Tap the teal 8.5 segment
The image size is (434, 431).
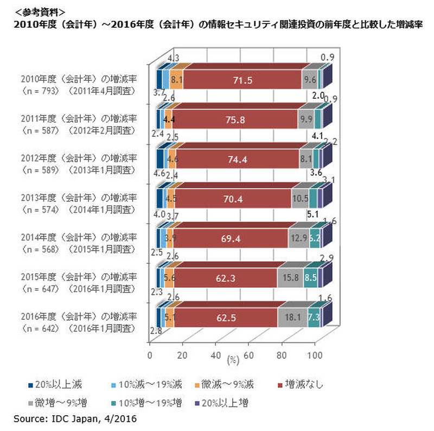coord(310,277)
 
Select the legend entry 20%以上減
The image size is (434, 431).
coord(55,385)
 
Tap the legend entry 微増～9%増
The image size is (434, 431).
coord(59,403)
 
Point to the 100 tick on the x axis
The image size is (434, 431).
coord(315,356)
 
